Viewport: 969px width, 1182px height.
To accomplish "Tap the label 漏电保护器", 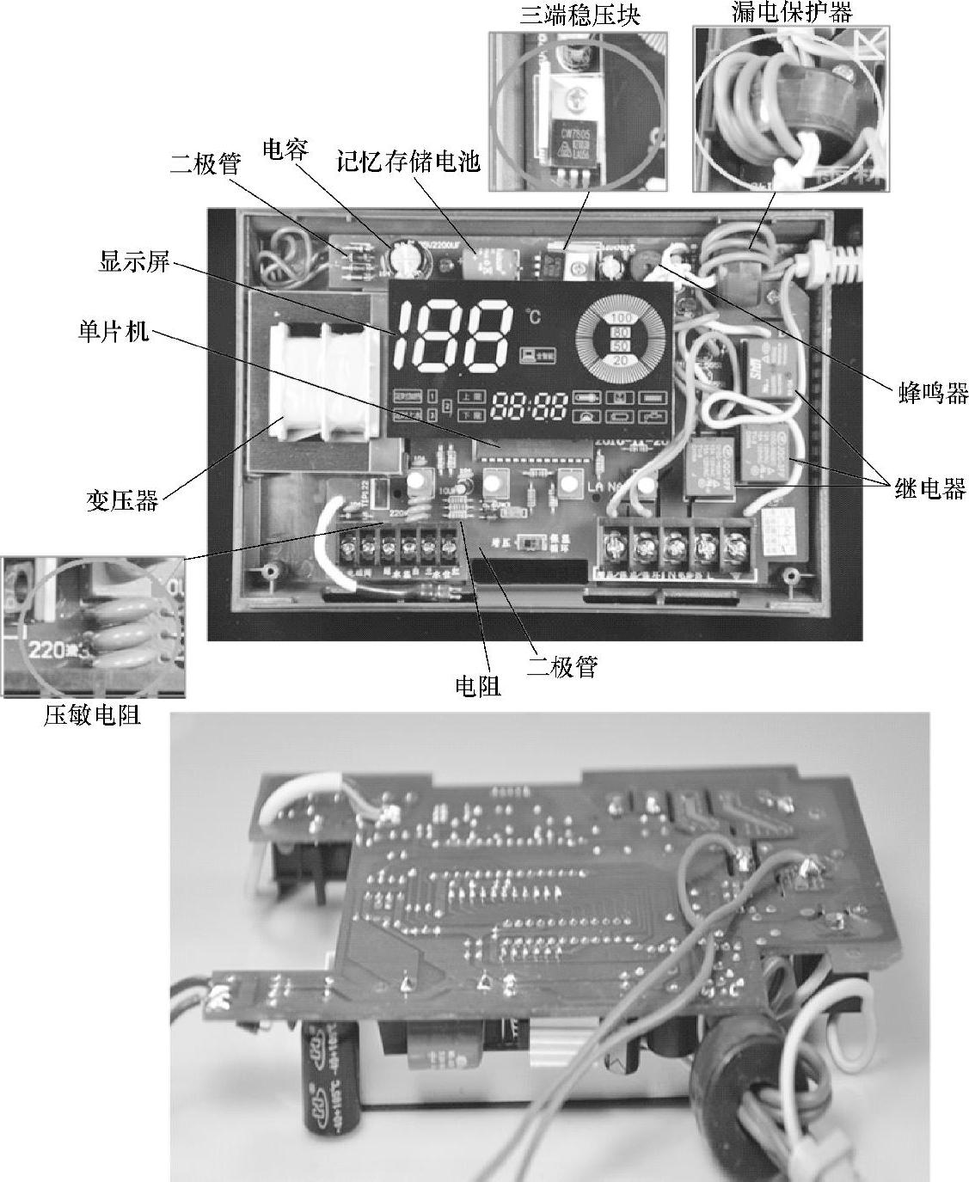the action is (x=781, y=11).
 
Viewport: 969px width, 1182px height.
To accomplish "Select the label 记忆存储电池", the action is (x=408, y=161).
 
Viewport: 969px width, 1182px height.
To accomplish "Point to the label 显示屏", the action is (x=135, y=262).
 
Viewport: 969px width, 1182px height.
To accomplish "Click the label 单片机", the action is (x=110, y=331).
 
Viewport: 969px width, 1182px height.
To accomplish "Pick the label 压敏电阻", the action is (x=92, y=715).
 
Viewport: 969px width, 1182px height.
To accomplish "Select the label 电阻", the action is (x=477, y=685).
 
